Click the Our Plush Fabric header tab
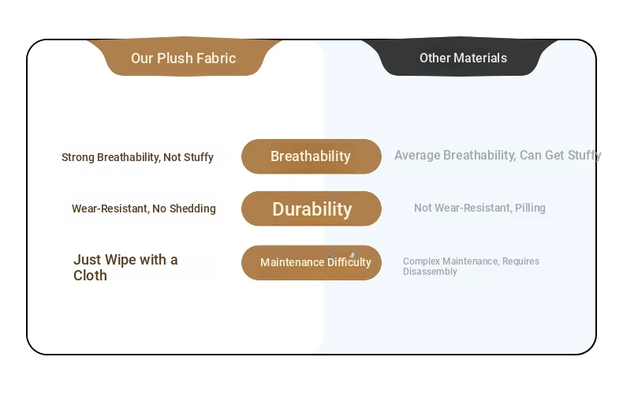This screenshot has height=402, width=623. coord(184,57)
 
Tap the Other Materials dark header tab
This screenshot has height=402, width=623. coord(460,57)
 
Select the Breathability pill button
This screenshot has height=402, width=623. coord(311,156)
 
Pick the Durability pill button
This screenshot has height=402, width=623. coord(311,209)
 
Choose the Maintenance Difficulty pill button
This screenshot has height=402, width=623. coord(311,263)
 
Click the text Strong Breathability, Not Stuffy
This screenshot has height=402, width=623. coord(137,157)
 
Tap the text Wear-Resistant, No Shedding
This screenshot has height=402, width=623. coord(144,209)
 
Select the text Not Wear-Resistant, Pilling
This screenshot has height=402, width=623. coord(479,208)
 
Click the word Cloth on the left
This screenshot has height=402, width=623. coord(90,276)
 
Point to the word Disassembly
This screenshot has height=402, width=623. coord(430,272)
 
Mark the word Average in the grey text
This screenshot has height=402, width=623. coord(417,156)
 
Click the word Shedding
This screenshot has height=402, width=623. coord(192,209)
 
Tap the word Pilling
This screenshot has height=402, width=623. coord(530,208)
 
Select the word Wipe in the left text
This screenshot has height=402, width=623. coord(121,260)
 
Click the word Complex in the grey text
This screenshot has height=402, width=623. coord(422,261)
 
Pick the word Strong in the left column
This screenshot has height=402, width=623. coord(78,157)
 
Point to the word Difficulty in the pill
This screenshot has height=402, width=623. coord(349,262)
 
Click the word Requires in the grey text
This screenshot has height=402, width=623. coord(521,261)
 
